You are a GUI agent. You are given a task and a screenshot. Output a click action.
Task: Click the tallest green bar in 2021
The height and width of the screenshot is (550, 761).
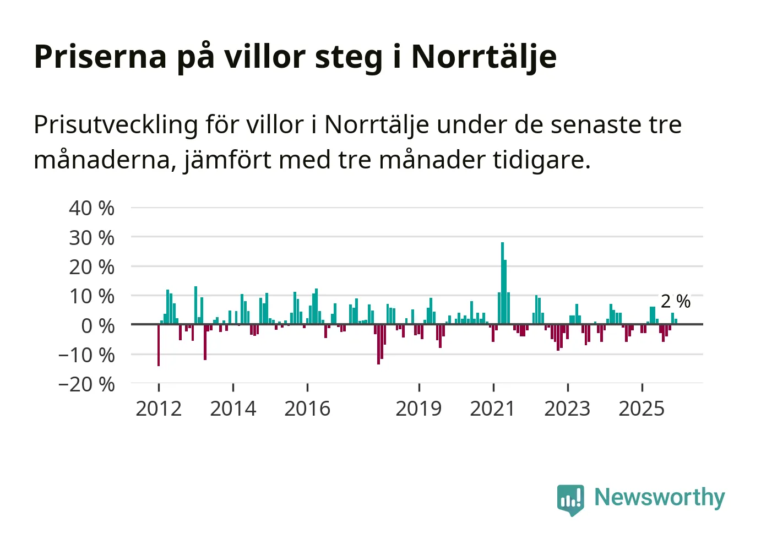coord(502,283)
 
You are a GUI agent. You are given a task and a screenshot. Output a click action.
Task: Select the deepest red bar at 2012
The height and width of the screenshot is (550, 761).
coord(159,345)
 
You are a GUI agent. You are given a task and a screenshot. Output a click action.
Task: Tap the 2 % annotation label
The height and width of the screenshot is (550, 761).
coord(675,301)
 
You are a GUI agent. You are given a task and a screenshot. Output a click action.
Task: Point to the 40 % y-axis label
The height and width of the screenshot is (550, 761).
coord(91,208)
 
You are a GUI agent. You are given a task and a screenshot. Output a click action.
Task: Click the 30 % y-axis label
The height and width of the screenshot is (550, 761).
coord(91,238)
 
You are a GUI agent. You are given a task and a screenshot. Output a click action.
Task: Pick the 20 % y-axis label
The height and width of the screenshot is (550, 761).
coord(91,267)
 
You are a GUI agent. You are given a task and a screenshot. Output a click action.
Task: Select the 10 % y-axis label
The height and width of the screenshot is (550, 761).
coord(91,296)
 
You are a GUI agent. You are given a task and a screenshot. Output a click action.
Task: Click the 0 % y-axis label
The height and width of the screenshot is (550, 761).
coord(97,326)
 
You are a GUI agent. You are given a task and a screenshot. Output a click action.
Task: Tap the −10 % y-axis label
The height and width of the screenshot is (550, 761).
coord(86,355)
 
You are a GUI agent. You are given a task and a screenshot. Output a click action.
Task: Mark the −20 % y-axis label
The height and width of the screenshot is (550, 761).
coord(86,384)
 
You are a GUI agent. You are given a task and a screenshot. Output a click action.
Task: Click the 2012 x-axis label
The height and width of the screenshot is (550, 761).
coord(159,409)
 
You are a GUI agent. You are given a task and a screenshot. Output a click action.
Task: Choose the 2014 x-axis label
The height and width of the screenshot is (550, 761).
coord(233,409)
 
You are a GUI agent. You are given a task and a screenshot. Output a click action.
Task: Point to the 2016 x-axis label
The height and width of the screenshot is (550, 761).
coord(307,409)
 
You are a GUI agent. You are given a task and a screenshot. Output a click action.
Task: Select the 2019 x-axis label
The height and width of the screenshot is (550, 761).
coord(418,409)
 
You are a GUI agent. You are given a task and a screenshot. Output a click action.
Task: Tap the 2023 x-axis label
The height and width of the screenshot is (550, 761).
coord(567,409)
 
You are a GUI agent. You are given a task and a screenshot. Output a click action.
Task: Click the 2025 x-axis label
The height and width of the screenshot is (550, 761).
coord(642,409)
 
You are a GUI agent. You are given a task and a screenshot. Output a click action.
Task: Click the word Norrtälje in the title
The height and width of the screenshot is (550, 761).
coord(484,57)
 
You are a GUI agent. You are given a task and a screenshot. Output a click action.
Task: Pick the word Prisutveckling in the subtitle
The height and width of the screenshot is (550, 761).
coord(116,126)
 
